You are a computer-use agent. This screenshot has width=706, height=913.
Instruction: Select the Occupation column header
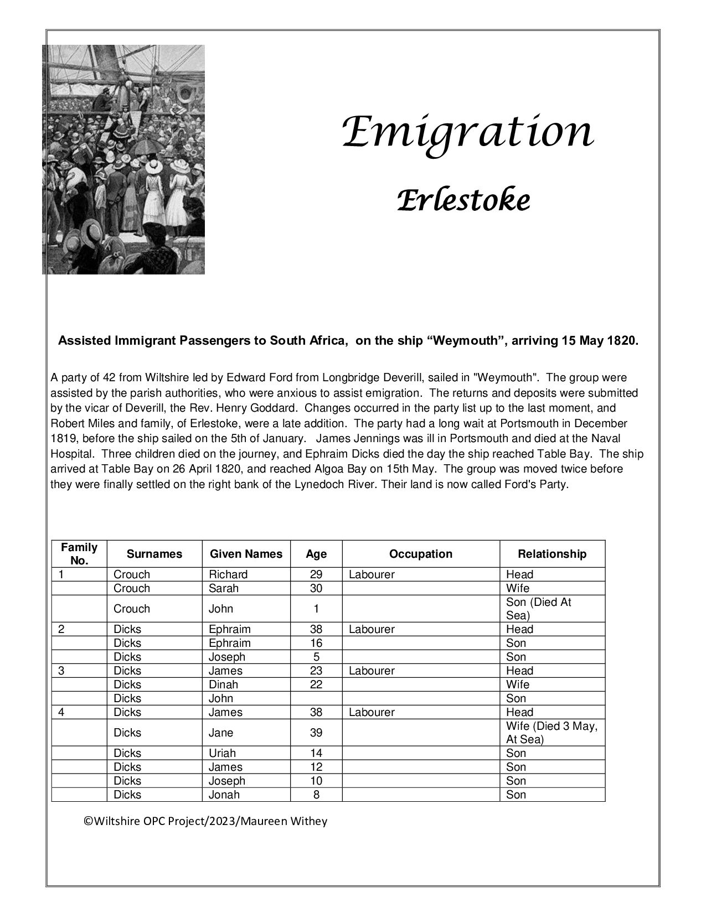click(x=420, y=554)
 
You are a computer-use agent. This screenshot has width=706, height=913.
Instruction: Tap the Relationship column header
click(x=552, y=554)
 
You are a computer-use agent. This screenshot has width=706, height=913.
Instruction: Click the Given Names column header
click(x=245, y=554)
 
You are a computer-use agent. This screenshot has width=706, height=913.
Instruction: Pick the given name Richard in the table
click(x=228, y=574)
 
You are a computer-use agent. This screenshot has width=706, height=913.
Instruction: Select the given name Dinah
click(x=223, y=684)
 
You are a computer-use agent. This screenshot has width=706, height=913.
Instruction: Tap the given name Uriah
click(x=222, y=753)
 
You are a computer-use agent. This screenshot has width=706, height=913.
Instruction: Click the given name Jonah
click(x=224, y=795)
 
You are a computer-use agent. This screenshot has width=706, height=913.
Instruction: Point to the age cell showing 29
click(x=316, y=574)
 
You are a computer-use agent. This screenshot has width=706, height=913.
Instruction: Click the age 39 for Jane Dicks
click(x=316, y=733)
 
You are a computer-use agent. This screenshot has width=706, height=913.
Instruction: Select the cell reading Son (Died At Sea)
click(x=538, y=609)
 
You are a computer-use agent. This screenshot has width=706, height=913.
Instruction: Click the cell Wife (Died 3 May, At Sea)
click(x=552, y=733)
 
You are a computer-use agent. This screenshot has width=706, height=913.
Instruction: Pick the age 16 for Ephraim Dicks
click(x=316, y=643)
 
